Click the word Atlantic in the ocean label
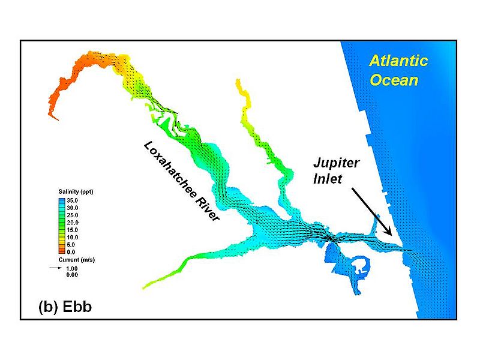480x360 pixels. pos(398,61)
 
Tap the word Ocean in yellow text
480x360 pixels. pos(394,80)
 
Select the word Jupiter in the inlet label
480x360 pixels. pos(336,163)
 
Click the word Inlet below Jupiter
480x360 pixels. pos(327,179)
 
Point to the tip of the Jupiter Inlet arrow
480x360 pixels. pos(392,235)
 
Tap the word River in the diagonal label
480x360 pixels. pos(208,209)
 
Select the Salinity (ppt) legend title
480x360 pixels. pos(76,191)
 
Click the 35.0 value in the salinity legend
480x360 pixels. pos(72,200)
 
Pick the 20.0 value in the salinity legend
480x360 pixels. pos(72,223)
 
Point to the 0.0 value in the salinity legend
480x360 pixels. pos(71,252)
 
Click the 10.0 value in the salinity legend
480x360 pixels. pos(72,237)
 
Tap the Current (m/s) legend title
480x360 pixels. pos(77,260)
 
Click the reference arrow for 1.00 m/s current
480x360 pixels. pos(56,268)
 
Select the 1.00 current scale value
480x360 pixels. pos(72,268)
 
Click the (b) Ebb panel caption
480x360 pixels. pos(65,307)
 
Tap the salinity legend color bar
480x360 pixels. pos(62,226)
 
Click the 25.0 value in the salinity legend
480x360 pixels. pos(72,215)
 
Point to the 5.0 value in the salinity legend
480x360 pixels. pos(71,245)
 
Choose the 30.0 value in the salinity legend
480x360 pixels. pos(72,208)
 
